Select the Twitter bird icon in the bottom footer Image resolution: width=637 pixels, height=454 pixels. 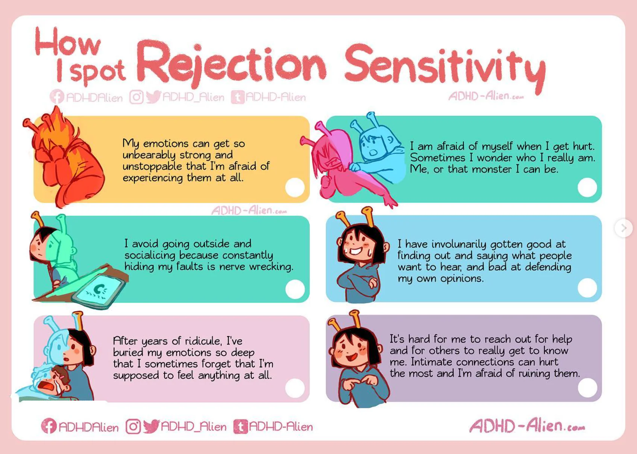click(151, 426)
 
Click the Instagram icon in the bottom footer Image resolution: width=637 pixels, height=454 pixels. click(133, 426)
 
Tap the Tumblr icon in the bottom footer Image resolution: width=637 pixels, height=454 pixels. click(240, 427)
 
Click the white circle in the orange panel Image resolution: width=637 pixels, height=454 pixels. click(295, 187)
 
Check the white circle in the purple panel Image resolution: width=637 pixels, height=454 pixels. click(587, 387)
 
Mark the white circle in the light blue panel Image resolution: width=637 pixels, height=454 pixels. click(587, 288)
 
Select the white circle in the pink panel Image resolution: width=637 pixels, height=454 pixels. click(295, 388)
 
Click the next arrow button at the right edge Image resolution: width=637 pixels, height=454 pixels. click(623, 228)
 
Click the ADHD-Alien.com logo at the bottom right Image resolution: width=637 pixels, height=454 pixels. click(527, 426)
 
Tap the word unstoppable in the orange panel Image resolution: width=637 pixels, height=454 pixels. click(152, 166)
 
